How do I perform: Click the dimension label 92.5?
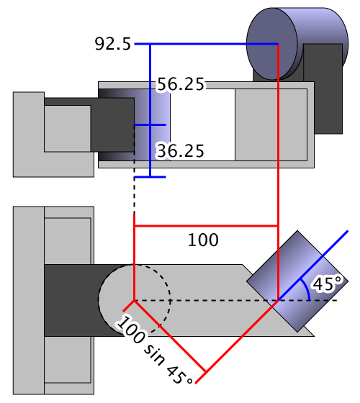[x=113, y=44]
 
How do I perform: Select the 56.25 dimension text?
[x=181, y=84]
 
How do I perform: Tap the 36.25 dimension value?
[x=181, y=151]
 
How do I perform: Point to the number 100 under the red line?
[x=203, y=240]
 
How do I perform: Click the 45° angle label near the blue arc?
[x=328, y=284]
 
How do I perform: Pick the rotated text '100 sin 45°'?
[x=154, y=350]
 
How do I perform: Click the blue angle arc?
[x=306, y=289]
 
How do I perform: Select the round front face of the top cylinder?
[x=272, y=44]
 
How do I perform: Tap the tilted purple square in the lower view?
[x=297, y=281]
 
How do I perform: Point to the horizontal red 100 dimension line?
[x=206, y=226]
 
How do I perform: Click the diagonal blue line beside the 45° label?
[x=313, y=266]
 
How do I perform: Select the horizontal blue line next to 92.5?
[x=206, y=44]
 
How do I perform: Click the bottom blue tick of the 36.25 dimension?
[x=150, y=177]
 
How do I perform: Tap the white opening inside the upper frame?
[x=202, y=125]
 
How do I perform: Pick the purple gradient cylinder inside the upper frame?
[x=152, y=125]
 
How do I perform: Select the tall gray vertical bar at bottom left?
[x=29, y=300]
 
